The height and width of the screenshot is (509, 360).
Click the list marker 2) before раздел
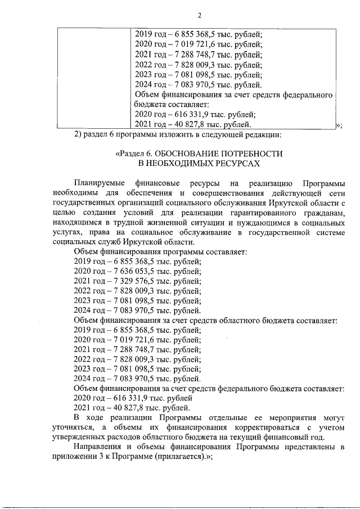[79, 134]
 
